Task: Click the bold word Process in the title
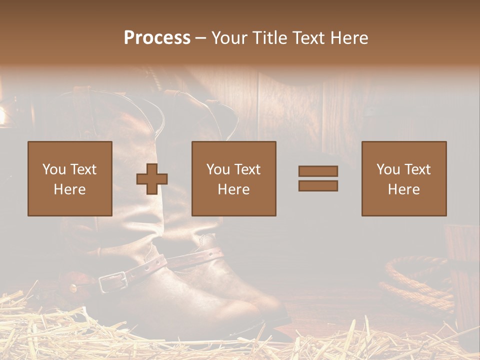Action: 157,38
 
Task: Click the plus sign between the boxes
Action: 152,179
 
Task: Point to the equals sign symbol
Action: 318,178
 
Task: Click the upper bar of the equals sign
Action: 318,171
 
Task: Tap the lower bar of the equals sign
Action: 318,185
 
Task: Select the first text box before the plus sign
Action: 69,178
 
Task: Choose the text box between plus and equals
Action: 233,178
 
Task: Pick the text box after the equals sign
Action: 403,178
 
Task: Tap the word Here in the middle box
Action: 233,189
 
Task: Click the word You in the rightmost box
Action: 388,169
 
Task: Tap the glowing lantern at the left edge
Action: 2,115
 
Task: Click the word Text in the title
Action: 305,38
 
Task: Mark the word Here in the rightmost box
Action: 403,189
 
